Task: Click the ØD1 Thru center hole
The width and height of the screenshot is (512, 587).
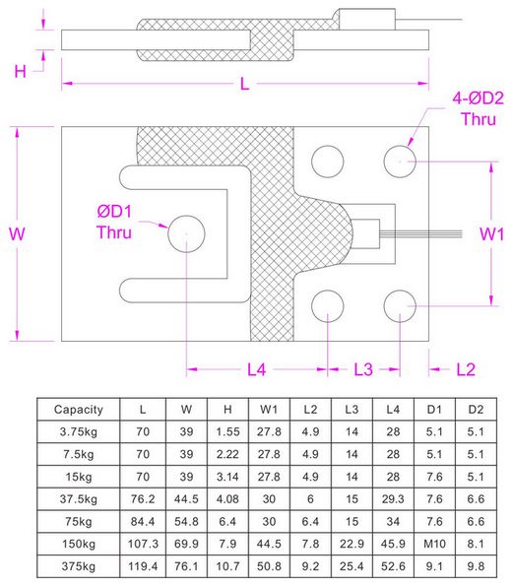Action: coord(186,233)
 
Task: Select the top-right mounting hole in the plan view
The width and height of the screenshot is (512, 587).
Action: coord(400,162)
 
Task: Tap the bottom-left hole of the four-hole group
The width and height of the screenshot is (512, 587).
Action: coord(328,306)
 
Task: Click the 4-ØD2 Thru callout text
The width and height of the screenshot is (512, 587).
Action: coord(478,108)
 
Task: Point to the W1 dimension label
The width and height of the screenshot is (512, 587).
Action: coord(491,234)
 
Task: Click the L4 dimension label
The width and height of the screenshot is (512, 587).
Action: coord(257,369)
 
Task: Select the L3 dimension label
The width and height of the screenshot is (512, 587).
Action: coord(363,369)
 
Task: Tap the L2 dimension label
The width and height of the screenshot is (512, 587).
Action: coord(466,369)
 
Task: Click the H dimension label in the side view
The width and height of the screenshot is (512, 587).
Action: coord(21,71)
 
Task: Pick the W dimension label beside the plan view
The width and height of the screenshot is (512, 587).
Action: coord(17,233)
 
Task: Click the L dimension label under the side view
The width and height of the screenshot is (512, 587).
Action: coord(244,84)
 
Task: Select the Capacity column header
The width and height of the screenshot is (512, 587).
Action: coord(78,410)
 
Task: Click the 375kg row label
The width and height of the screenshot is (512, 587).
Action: coord(78,566)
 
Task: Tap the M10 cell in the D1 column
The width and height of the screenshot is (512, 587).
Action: coord(434,544)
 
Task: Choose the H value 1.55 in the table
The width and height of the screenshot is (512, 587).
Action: coord(227,431)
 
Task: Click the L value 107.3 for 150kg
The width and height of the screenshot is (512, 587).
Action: coord(143,544)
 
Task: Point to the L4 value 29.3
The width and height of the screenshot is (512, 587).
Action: coord(393,499)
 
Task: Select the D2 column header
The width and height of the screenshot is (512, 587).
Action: coord(476,409)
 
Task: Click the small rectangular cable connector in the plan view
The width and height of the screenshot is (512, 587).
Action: coord(366,233)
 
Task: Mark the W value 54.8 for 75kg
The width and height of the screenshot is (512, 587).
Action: coord(186,521)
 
